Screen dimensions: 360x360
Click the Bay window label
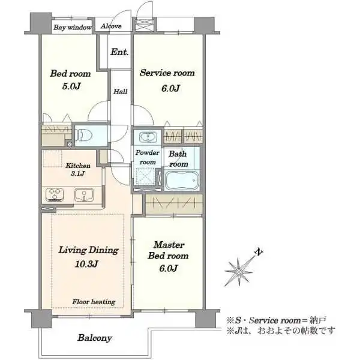point(72,28)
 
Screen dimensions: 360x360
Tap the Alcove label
point(112,27)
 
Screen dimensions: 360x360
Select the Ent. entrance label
point(119,52)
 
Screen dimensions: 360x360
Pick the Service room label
point(167,73)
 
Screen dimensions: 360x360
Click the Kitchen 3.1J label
point(78,170)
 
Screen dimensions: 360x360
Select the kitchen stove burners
point(55,195)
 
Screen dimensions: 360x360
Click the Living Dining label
point(88,250)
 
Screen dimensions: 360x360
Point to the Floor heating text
point(94,302)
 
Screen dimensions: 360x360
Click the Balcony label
point(94,338)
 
